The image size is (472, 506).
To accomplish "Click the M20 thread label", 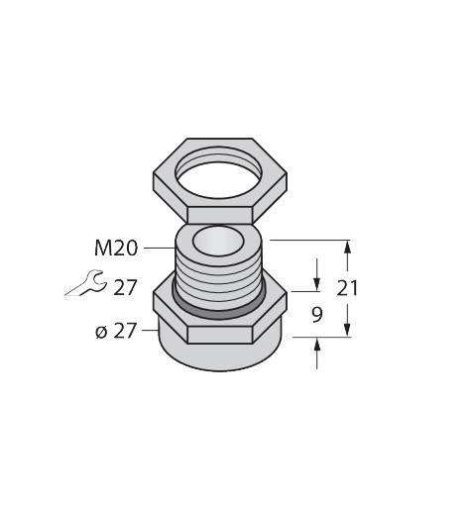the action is pyautogui.click(x=116, y=249).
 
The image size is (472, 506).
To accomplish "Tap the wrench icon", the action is pyautogui.click(x=86, y=283).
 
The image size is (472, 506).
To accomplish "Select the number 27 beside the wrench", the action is pyautogui.click(x=125, y=287).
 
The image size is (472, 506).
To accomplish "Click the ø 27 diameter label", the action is pyautogui.click(x=116, y=331).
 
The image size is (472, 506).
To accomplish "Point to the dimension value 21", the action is pyautogui.click(x=347, y=288).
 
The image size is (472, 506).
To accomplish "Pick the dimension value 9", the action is pyautogui.click(x=316, y=315).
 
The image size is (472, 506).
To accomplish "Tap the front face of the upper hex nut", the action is pyautogui.click(x=220, y=215).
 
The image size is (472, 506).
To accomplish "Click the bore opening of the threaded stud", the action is pyautogui.click(x=218, y=241).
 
